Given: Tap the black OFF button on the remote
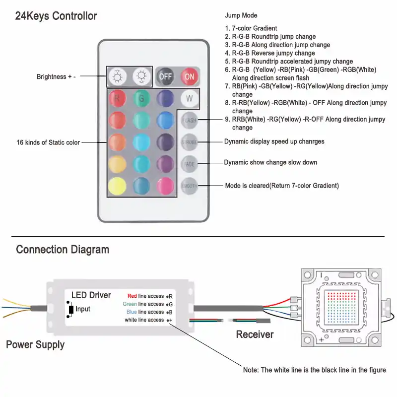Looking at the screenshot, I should [165, 76].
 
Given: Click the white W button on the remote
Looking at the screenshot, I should [190, 98].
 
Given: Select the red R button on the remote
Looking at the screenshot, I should [117, 98].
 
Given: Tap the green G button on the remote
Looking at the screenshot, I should [141, 98].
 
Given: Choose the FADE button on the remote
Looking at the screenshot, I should [190, 163].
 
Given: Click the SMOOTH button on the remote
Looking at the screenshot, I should [190, 186].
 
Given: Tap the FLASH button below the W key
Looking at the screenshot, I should [190, 120].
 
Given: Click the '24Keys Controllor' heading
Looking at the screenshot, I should [56, 16].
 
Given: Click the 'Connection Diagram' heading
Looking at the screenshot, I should [63, 249].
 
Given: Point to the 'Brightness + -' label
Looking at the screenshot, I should [56, 77].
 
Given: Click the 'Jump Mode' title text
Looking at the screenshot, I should [241, 16].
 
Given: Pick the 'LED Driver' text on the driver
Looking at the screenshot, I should [91, 295].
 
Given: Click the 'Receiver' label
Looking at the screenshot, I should [255, 334].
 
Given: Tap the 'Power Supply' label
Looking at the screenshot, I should [35, 344].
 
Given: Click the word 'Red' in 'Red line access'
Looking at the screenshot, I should [132, 296].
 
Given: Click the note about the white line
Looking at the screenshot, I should [314, 370].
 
